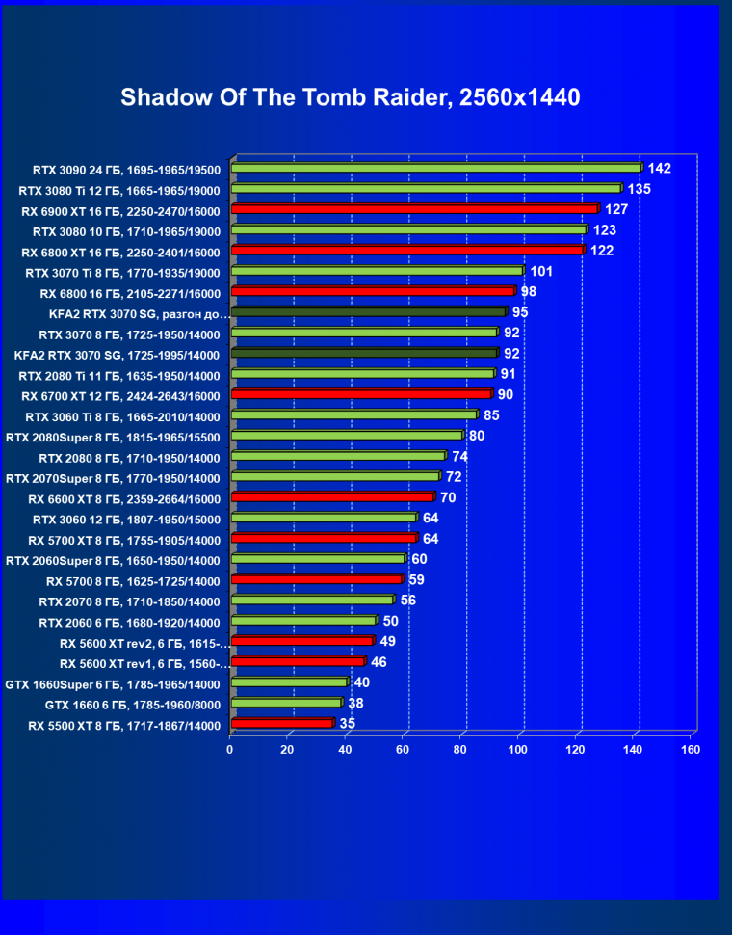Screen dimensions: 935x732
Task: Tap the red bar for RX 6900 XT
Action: click(414, 209)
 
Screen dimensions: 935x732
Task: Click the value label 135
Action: click(639, 189)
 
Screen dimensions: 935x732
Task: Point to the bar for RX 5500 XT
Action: click(281, 723)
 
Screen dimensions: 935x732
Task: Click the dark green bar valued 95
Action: click(368, 312)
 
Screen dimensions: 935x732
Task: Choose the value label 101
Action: click(541, 272)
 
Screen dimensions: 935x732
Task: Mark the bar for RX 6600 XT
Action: click(332, 497)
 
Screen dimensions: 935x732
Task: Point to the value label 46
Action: click(379, 662)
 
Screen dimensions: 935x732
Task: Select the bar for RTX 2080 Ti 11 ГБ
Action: click(362, 374)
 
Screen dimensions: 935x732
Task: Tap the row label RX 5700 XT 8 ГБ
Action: click(124, 540)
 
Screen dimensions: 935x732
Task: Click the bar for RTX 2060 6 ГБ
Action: click(303, 621)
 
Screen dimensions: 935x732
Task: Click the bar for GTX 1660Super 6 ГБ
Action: click(289, 682)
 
